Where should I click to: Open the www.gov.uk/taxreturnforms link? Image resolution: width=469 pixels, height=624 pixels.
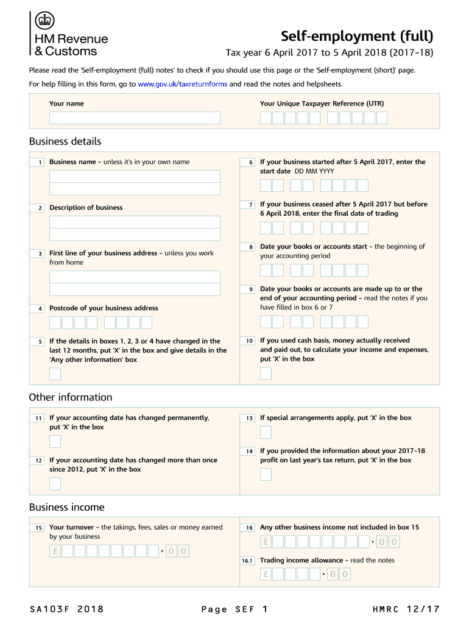click(183, 84)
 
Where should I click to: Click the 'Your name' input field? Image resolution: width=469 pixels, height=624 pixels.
click(135, 118)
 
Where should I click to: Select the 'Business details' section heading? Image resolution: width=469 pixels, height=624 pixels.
click(65, 141)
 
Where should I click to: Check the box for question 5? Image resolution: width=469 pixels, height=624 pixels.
click(55, 374)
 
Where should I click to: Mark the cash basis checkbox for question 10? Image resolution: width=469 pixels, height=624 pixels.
click(266, 374)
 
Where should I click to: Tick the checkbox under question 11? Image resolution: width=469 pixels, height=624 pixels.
click(55, 442)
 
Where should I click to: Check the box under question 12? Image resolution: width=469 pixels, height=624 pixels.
click(55, 484)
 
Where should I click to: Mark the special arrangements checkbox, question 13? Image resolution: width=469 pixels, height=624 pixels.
click(266, 433)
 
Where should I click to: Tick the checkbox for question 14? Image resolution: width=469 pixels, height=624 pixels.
click(266, 475)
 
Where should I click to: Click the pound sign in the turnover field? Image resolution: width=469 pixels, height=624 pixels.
click(55, 551)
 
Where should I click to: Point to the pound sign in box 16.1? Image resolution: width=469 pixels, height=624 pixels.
click(266, 574)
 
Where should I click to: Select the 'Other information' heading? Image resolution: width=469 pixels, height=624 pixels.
click(71, 397)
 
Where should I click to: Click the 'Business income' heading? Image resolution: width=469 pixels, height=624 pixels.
click(67, 508)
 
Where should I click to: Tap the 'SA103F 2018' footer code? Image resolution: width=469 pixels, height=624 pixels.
click(66, 609)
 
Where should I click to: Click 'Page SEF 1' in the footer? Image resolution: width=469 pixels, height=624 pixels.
click(234, 609)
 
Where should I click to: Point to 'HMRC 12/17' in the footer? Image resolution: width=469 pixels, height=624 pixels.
click(406, 609)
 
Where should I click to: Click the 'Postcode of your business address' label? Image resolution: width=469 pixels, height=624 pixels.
click(104, 308)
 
